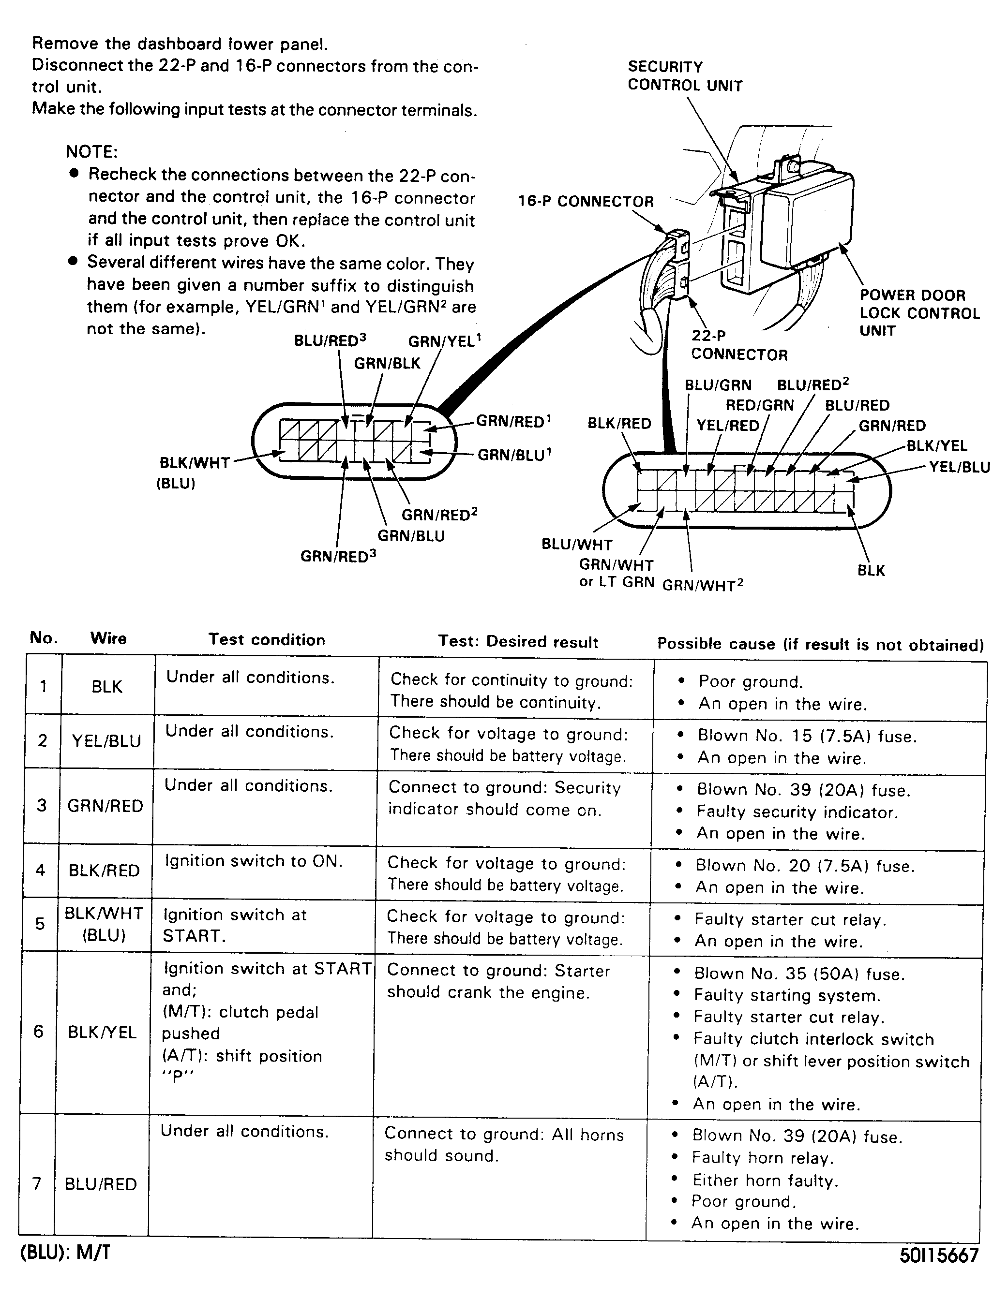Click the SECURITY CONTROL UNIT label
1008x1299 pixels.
(684, 75)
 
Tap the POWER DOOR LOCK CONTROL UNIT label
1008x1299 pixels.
(919, 313)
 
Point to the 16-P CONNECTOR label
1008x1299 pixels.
(586, 202)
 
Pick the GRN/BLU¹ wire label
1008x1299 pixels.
(515, 455)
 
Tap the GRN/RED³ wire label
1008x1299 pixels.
(338, 556)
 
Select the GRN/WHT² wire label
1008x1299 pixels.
(703, 585)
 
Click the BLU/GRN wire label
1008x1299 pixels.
(718, 385)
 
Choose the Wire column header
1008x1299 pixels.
(108, 638)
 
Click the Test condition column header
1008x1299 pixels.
(267, 639)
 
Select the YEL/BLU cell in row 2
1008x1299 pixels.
(106, 741)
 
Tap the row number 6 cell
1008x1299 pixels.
(39, 1032)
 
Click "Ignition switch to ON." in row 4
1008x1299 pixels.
(254, 861)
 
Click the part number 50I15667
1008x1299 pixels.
(938, 1255)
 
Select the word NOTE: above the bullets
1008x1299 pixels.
(91, 152)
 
